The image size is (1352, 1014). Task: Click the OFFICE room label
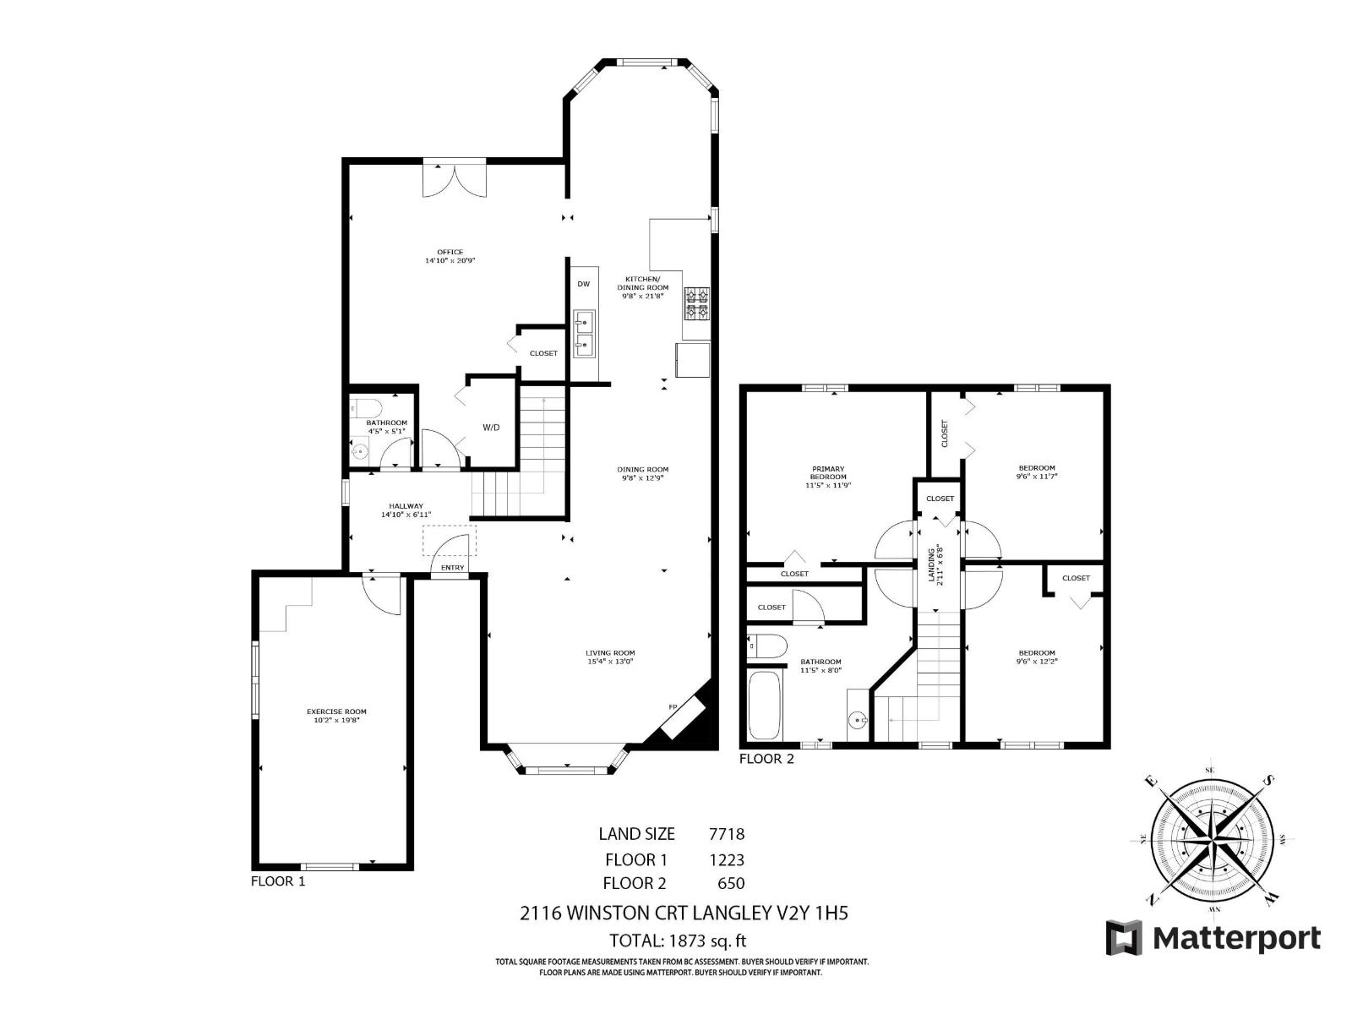point(450,252)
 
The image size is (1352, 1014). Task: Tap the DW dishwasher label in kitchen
point(583,284)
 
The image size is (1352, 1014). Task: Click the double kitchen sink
point(584,332)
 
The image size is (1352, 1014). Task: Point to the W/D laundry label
point(491,428)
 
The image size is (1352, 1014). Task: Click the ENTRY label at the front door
point(452,568)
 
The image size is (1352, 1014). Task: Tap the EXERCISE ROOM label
point(336,711)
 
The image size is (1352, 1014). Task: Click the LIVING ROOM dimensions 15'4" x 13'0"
point(610,662)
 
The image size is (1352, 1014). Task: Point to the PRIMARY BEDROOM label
point(828,472)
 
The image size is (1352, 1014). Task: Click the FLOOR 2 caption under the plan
point(766,759)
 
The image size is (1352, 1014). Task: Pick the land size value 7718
point(726,834)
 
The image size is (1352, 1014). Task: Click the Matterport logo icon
point(1124,938)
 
